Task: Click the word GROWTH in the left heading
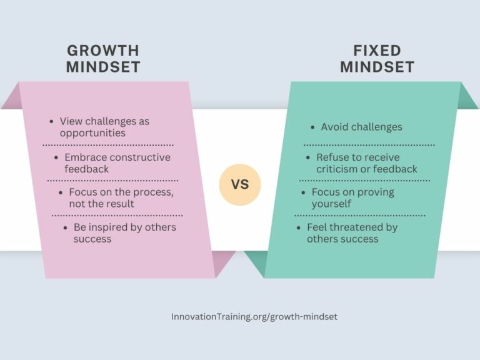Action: (x=103, y=51)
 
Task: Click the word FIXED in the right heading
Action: (x=377, y=51)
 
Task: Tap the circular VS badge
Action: (x=240, y=184)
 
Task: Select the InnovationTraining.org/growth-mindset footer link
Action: (x=254, y=317)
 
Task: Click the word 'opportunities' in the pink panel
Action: (x=92, y=133)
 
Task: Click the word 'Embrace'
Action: (x=85, y=157)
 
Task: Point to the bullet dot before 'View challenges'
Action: (x=52, y=121)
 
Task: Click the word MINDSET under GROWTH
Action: (x=103, y=67)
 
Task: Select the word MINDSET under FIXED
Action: (x=377, y=67)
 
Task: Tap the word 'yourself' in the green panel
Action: (x=331, y=204)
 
